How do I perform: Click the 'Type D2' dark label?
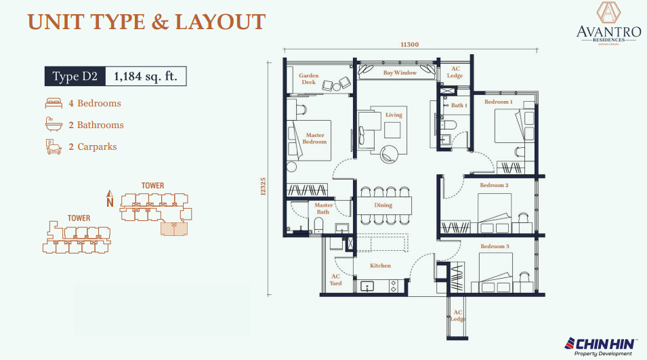click(75, 77)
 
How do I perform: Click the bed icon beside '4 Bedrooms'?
click(54, 104)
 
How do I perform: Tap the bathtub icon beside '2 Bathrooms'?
click(54, 125)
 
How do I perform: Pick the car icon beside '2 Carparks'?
click(54, 146)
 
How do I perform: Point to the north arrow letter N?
click(110, 201)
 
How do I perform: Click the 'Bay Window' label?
click(400, 73)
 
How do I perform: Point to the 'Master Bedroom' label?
click(315, 138)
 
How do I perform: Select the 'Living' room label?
click(394, 115)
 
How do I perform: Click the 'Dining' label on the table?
click(383, 205)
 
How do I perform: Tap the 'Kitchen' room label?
click(380, 266)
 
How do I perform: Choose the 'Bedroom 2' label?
click(494, 185)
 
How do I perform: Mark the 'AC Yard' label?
click(335, 280)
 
